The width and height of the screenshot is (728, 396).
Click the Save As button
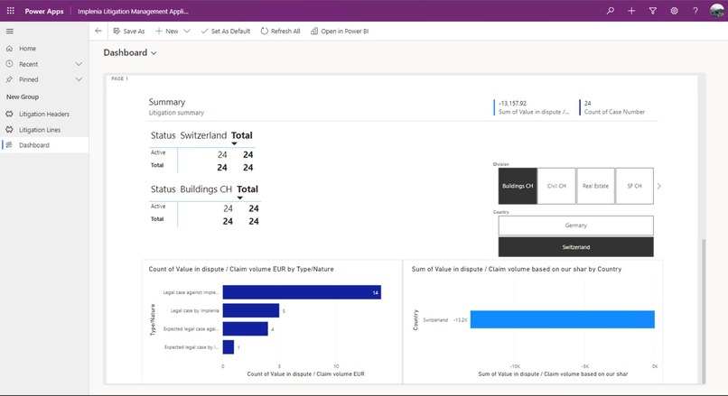(x=128, y=31)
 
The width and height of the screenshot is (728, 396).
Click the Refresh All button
(x=280, y=31)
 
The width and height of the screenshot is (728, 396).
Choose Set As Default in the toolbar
(x=225, y=31)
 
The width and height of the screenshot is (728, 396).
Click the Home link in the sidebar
(x=27, y=48)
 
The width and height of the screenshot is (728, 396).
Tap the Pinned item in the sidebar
(x=29, y=79)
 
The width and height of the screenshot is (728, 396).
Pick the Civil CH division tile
(x=556, y=186)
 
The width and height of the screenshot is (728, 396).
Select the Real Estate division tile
(x=595, y=186)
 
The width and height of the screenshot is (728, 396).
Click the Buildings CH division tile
(x=518, y=186)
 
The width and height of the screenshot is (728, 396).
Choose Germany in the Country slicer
(x=575, y=226)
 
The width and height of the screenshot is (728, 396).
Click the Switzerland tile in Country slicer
(x=575, y=247)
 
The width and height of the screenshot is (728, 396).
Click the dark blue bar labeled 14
(x=301, y=292)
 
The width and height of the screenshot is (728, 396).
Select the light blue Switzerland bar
(x=562, y=319)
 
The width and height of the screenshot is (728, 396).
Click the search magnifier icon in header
(x=611, y=11)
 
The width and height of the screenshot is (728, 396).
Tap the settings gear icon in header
(x=674, y=11)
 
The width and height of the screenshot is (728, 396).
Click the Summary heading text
(x=167, y=102)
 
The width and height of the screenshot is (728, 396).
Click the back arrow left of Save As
(x=98, y=31)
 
